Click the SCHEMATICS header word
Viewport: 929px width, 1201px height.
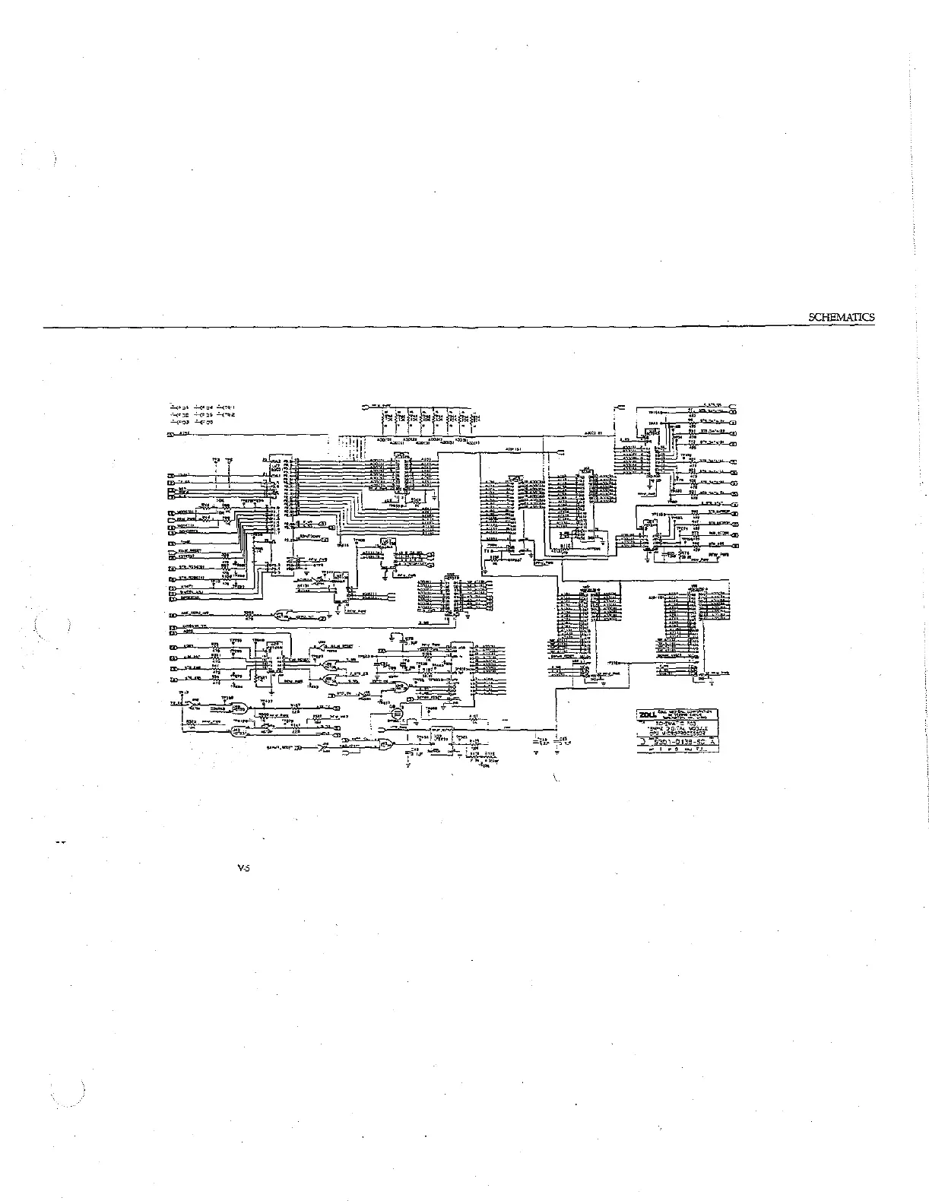(842, 318)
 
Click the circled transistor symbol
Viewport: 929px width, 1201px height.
(396, 714)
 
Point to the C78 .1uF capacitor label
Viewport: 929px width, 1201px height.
(410, 640)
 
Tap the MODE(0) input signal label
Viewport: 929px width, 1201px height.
(185, 514)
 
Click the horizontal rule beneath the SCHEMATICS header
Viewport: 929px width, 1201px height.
(456, 328)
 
